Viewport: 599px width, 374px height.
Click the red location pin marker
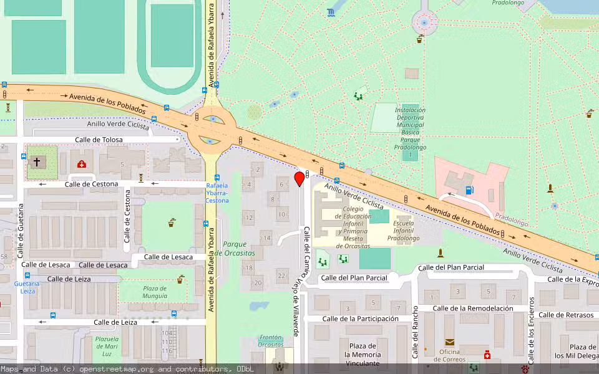tap(299, 180)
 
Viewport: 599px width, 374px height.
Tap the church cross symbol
tap(37, 162)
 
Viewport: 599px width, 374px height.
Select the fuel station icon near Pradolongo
tap(469, 190)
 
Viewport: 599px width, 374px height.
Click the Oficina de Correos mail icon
tap(449, 342)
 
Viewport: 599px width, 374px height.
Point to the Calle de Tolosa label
tap(99, 140)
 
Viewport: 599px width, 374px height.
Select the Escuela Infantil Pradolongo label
tap(403, 231)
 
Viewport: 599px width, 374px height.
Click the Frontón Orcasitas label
tap(271, 340)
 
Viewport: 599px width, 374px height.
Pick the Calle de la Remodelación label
tap(472, 308)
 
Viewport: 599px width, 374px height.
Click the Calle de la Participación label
tap(360, 319)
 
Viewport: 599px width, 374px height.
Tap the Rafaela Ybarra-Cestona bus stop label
tap(217, 193)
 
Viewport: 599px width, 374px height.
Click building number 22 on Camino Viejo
tap(281, 276)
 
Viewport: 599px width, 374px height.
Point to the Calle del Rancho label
tap(415, 332)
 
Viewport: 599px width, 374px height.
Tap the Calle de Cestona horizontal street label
tap(91, 184)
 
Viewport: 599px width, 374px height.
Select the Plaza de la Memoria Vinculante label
tap(362, 355)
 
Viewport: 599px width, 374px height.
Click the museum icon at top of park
tap(330, 12)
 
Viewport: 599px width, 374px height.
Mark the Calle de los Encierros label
tap(531, 330)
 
